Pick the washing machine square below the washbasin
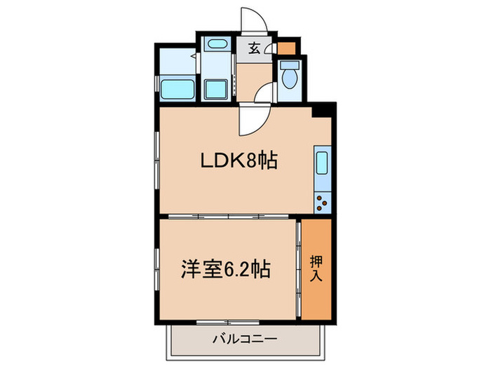coord(216,90)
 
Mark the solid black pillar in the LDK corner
coord(322,110)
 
